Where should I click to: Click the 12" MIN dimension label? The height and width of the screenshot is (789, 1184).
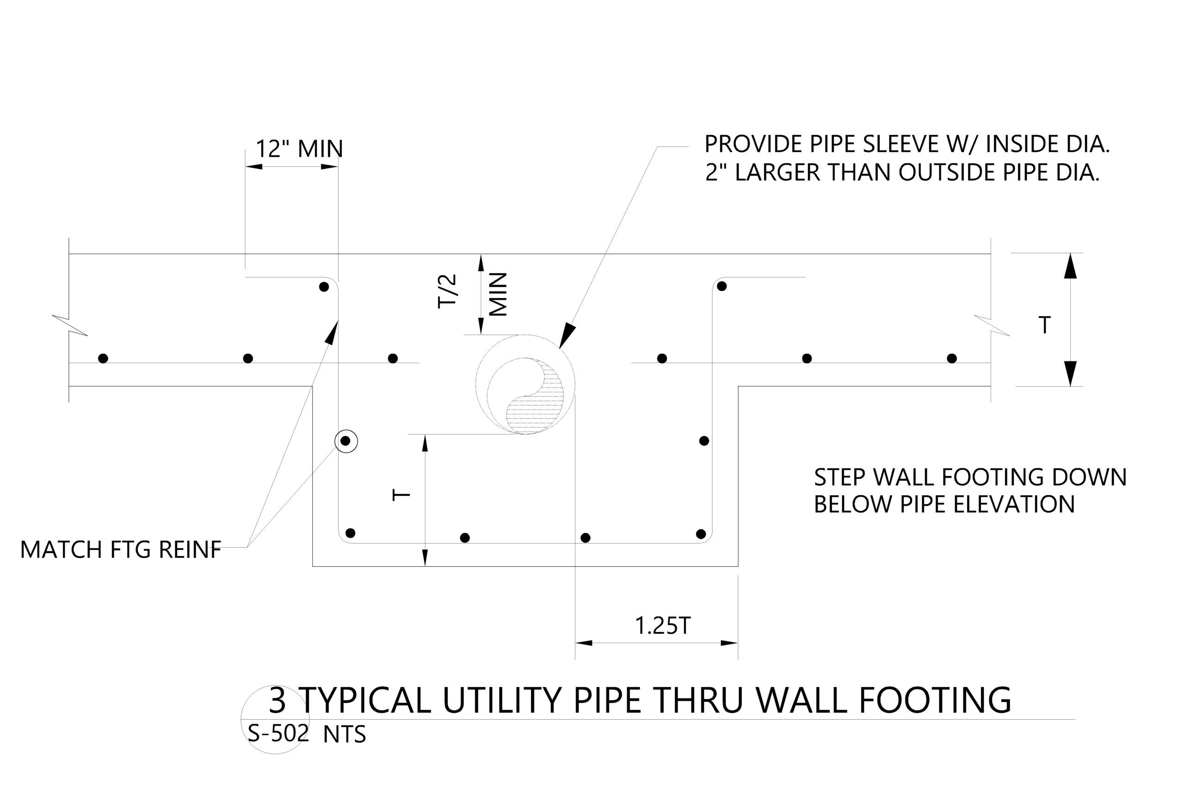click(299, 149)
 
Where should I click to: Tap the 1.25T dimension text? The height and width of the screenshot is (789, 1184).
click(662, 626)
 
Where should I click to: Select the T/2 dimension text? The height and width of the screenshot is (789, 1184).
click(447, 291)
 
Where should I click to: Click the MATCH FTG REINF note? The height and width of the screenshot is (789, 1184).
click(120, 550)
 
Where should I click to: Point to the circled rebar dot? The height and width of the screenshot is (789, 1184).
click(345, 441)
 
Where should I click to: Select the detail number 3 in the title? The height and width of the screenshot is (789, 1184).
click(277, 700)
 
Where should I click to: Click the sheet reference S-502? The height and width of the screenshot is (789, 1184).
click(278, 734)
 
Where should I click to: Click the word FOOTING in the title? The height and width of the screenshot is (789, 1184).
click(935, 700)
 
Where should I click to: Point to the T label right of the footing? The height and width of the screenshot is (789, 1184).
click(1045, 325)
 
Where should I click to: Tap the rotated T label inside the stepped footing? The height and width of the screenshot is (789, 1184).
click(401, 495)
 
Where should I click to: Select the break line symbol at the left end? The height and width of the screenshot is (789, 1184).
click(69, 325)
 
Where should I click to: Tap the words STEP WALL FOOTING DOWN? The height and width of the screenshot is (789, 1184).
click(970, 477)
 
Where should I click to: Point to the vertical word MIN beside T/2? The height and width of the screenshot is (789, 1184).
click(498, 294)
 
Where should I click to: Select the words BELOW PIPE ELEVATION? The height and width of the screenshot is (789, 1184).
click(944, 504)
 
